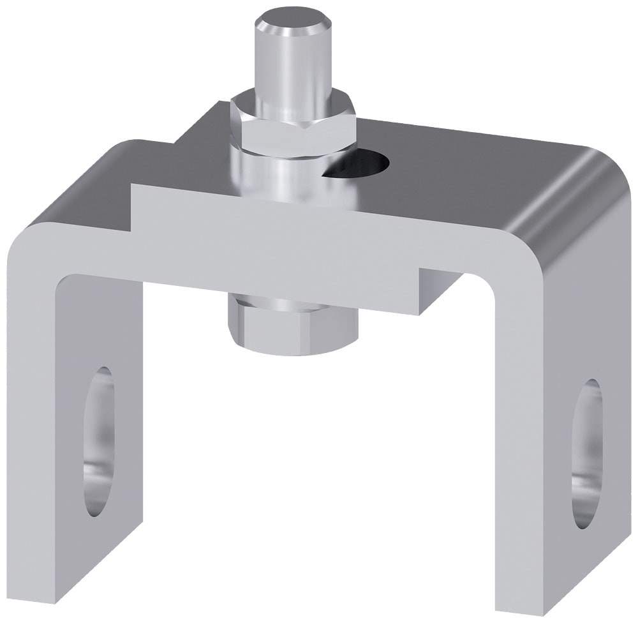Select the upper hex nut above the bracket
pos(293,124)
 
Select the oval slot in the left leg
pos(98,440)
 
